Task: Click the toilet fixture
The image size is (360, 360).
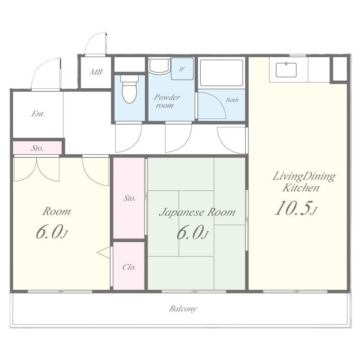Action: [x=130, y=89]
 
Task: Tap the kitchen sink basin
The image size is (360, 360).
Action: [x=286, y=70]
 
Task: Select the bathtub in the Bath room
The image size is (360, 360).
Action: [x=221, y=73]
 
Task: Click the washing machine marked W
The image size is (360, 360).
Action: [x=182, y=69]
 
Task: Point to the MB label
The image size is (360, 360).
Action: [x=96, y=72]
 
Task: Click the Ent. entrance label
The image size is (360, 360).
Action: [x=38, y=114]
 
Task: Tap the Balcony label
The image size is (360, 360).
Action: [x=183, y=309]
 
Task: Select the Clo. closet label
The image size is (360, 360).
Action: [x=129, y=267]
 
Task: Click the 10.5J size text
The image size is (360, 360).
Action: [x=296, y=208]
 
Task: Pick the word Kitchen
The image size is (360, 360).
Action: [x=301, y=188]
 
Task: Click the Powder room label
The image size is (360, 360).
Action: [x=166, y=101]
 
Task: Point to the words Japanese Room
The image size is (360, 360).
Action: [x=197, y=212]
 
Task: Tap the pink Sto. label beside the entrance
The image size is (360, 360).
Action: [x=37, y=148]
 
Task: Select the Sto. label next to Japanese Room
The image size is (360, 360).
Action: [x=129, y=198]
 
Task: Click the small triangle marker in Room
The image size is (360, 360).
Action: [x=103, y=252]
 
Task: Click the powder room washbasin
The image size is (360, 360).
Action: [x=159, y=66]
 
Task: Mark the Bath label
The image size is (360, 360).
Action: [x=232, y=100]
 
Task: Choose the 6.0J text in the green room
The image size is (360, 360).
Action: [x=193, y=233]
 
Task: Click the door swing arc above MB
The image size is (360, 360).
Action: [x=95, y=44]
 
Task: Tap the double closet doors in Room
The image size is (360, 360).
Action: [x=37, y=170]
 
